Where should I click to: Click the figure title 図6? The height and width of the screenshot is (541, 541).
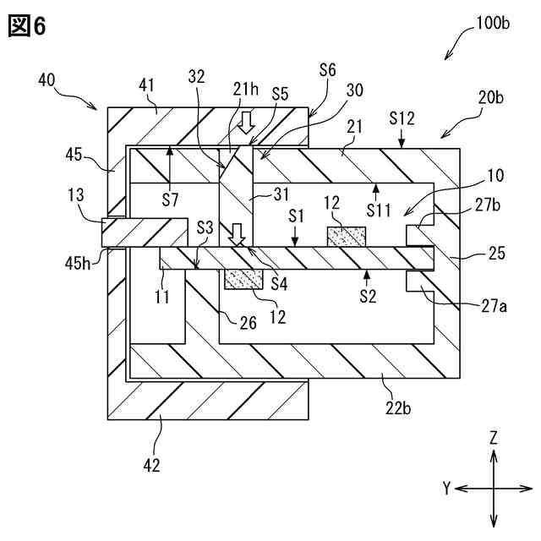[x=26, y=26]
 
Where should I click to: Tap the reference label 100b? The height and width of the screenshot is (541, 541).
[x=493, y=23]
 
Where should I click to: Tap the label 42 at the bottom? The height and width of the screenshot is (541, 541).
[x=152, y=464]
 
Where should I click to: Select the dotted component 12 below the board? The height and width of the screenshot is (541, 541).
[x=243, y=279]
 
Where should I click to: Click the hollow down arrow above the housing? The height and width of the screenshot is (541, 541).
[x=246, y=124]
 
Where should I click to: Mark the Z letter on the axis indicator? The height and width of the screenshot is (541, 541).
[x=494, y=437]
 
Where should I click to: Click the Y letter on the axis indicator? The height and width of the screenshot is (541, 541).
[x=446, y=488]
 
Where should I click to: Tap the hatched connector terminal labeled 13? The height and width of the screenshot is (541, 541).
[x=144, y=232]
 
